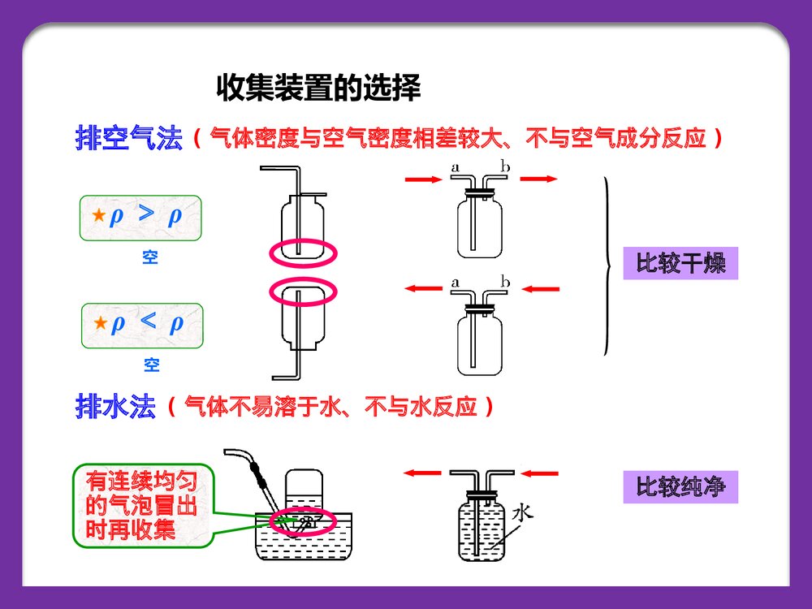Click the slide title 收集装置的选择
pyautogui.click(x=318, y=89)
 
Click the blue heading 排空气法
pyautogui.click(x=128, y=138)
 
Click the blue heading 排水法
pyautogui.click(x=114, y=406)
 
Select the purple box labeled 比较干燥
pyautogui.click(x=680, y=263)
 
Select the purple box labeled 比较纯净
pyautogui.click(x=680, y=487)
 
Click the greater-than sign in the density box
pyautogui.click(x=145, y=214)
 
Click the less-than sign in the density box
pyautogui.click(x=148, y=322)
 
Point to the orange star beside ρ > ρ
pyautogui.click(x=98, y=217)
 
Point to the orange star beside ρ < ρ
pyautogui.click(x=100, y=324)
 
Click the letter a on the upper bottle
pyautogui.click(x=455, y=168)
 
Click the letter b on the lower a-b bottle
pyautogui.click(x=505, y=283)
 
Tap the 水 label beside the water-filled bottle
pyautogui.click(x=523, y=512)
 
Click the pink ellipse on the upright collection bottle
pyautogui.click(x=303, y=252)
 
